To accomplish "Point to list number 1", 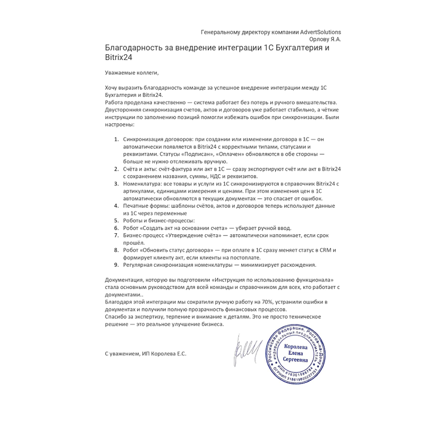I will click(x=117, y=139).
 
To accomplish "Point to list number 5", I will click(x=117, y=220).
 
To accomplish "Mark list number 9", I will click(x=117, y=265).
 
